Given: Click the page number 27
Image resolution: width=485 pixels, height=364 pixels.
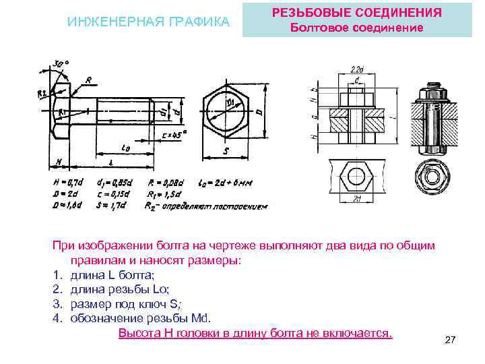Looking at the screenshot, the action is (451, 340).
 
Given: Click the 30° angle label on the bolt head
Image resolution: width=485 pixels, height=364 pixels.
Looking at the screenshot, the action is (63, 64).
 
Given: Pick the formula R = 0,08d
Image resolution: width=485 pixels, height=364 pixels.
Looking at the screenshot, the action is (164, 181).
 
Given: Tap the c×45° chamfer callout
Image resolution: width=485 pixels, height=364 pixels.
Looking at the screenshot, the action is (174, 135).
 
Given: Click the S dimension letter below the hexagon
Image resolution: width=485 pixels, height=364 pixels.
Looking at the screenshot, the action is (226, 152).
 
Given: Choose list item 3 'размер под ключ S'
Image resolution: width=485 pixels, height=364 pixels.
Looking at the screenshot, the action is (123, 303).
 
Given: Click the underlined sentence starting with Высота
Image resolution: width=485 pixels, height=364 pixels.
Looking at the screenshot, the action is (255, 333).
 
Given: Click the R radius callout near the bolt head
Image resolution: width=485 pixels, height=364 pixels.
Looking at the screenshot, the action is (88, 80).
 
